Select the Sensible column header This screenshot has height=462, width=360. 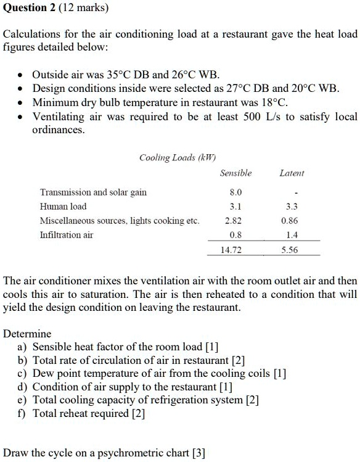235,173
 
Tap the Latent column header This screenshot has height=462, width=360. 292,173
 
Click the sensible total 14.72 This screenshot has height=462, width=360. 234,250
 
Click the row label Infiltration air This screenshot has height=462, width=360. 67,235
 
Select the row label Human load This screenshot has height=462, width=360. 63,207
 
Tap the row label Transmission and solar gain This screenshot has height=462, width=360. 93,192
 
